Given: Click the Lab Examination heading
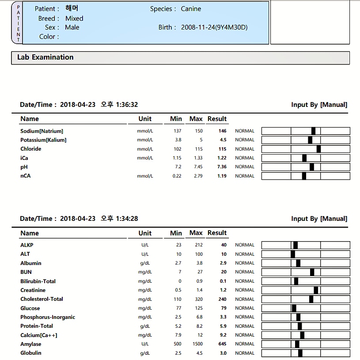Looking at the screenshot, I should (x=45, y=57).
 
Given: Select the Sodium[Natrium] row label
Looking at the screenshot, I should (x=42, y=131).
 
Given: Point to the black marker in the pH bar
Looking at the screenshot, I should (x=312, y=167).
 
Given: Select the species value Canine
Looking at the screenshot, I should (x=191, y=9).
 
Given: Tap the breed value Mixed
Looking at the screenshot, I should (x=74, y=19).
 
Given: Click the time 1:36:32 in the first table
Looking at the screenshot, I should (x=127, y=105).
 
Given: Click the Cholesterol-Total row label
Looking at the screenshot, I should (x=42, y=299).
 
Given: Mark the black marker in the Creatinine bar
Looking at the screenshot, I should (x=316, y=290).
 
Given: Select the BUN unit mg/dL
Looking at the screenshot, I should (x=145, y=272).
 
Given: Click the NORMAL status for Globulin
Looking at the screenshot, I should (x=245, y=353).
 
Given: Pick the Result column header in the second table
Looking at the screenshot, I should (x=217, y=233).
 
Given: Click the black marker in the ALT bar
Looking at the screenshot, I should (x=292, y=254).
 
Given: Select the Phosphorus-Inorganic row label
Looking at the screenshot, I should (x=48, y=317).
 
